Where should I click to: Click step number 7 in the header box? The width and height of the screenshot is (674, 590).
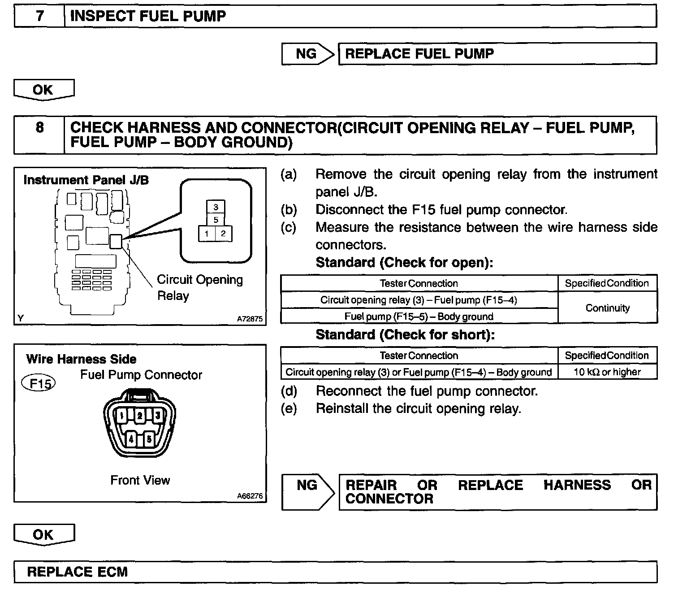click(x=39, y=16)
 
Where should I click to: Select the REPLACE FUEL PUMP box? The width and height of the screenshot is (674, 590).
click(x=497, y=54)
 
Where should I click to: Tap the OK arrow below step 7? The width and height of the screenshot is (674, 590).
click(x=43, y=90)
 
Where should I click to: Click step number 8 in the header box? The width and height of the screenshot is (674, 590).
click(x=39, y=128)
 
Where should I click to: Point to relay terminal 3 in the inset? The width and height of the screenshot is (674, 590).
click(x=216, y=207)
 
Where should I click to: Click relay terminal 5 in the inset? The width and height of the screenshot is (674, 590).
click(x=216, y=220)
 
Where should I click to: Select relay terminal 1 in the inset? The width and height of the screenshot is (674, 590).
click(x=207, y=234)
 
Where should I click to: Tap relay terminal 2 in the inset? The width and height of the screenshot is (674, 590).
click(x=223, y=234)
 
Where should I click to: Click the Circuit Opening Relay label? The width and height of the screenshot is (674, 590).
click(x=199, y=287)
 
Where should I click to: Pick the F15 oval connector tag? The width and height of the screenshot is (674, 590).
click(x=39, y=384)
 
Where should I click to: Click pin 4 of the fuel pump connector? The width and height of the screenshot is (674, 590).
click(x=131, y=438)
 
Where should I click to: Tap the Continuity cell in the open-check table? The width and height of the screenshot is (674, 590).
click(x=607, y=308)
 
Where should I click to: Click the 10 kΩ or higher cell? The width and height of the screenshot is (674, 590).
click(x=607, y=372)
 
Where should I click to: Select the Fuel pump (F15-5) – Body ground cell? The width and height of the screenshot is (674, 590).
click(x=419, y=317)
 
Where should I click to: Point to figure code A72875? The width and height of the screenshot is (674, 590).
click(x=250, y=319)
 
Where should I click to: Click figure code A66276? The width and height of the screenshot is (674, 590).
click(x=250, y=496)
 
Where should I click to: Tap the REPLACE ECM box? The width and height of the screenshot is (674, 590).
click(x=335, y=572)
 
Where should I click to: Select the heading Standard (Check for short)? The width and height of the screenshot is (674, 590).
click(x=405, y=335)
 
